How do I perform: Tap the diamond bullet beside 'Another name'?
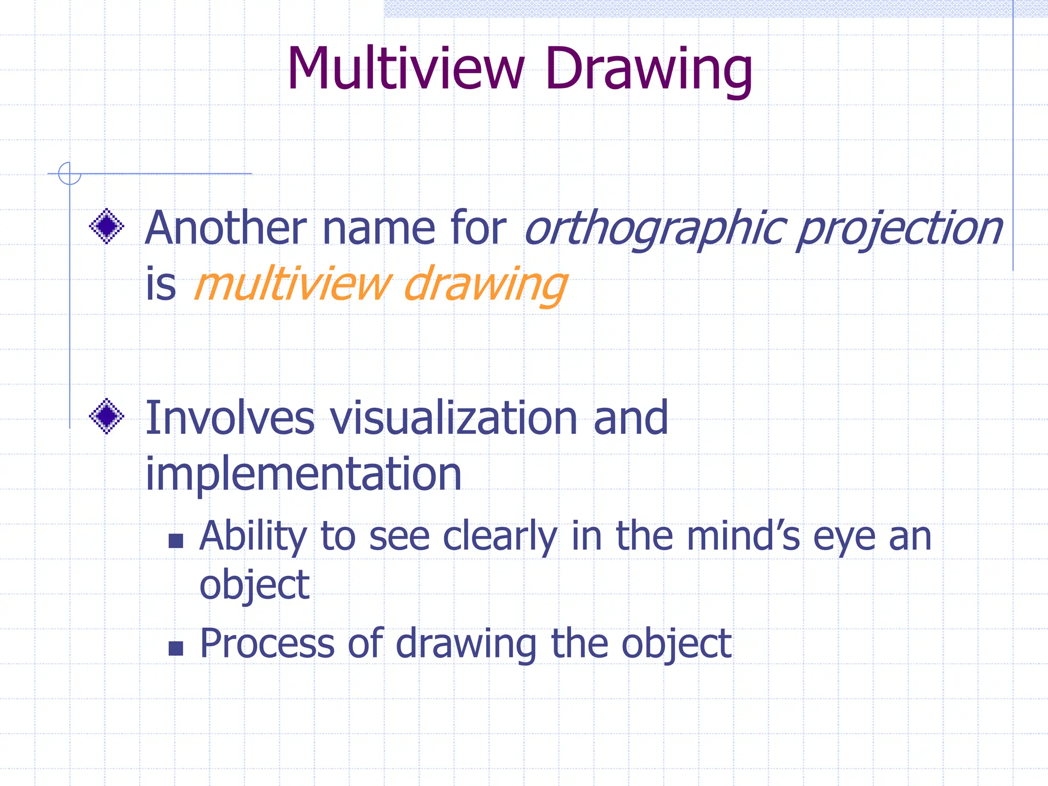click(x=106, y=226)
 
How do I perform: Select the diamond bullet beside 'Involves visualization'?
click(x=106, y=416)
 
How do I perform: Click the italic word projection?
click(x=900, y=229)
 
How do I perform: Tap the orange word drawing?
click(x=485, y=285)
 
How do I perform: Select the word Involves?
click(x=230, y=418)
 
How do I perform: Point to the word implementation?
click(x=303, y=474)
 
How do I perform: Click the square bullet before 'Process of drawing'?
click(x=176, y=648)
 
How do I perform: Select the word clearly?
click(x=500, y=537)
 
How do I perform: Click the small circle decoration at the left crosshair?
click(x=70, y=173)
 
